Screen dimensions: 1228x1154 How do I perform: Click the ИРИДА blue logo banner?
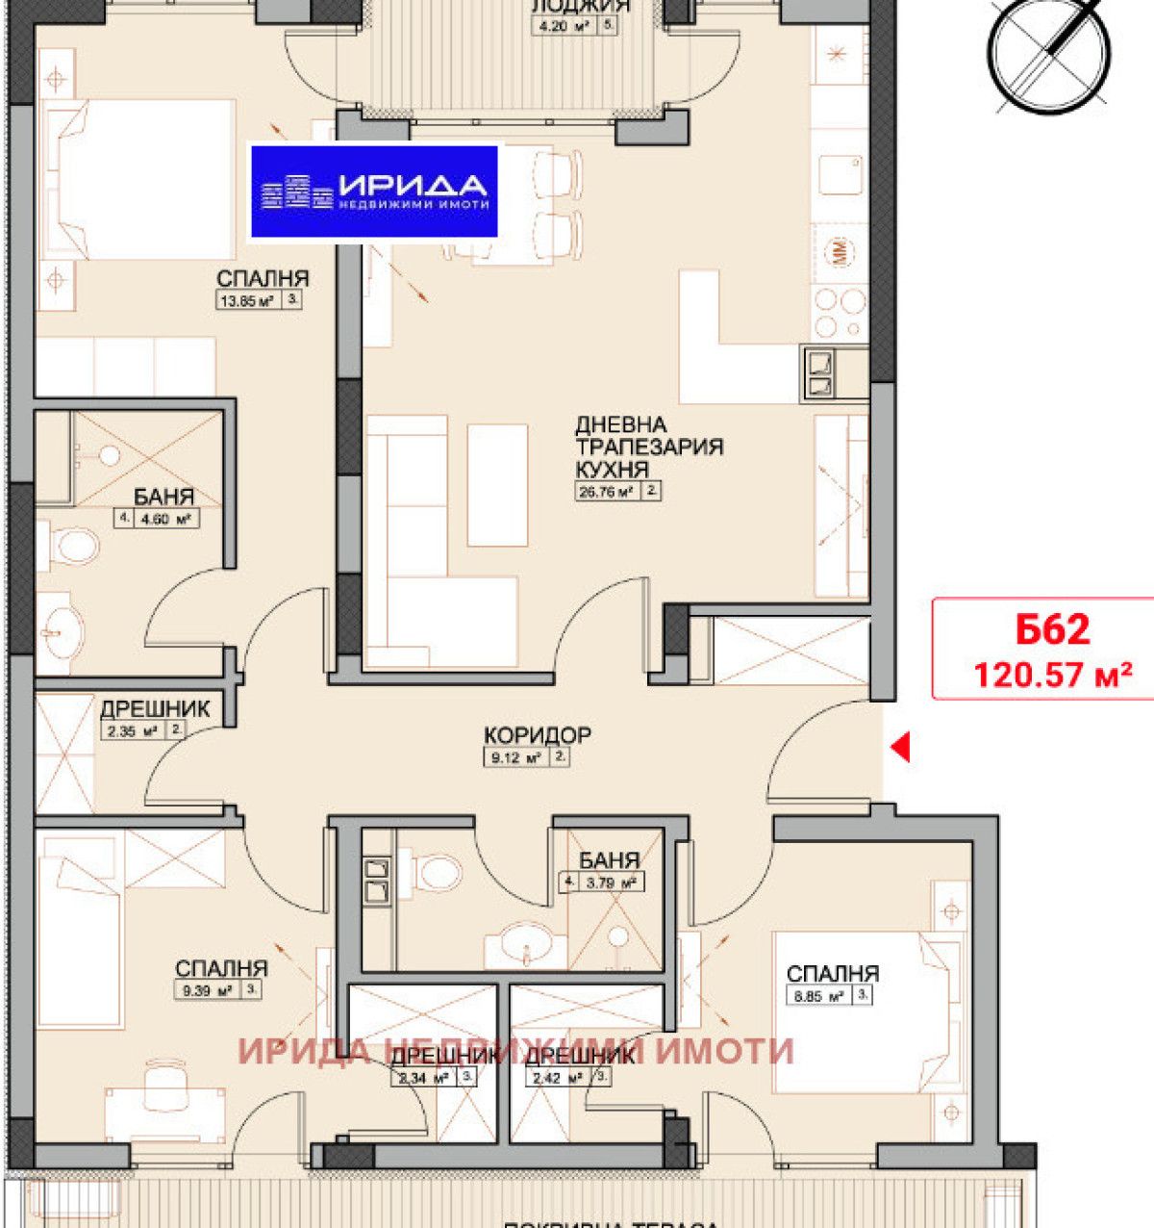[x=374, y=192]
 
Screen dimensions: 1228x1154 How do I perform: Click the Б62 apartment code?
[x=1052, y=629]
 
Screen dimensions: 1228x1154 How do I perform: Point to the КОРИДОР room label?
[x=538, y=735]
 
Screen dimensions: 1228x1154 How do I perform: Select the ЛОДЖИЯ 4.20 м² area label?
[x=567, y=26]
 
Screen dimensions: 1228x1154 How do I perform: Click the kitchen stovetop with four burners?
[x=840, y=314]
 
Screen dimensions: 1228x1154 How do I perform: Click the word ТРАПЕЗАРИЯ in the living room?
[x=649, y=447]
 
